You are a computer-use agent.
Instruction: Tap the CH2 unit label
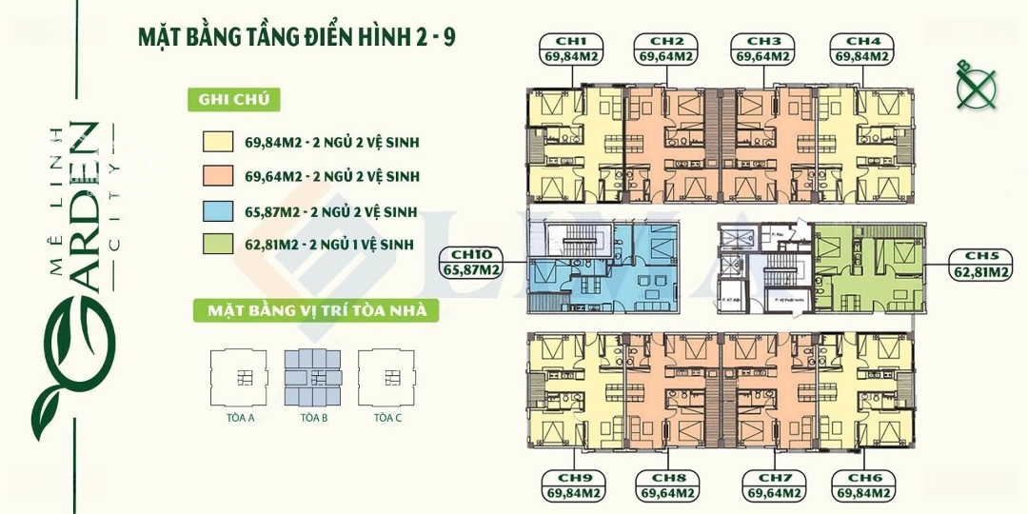click(x=668, y=49)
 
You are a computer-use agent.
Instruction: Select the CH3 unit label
click(x=763, y=49)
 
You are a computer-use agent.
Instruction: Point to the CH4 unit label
click(x=862, y=49)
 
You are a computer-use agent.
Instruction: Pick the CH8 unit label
click(x=669, y=485)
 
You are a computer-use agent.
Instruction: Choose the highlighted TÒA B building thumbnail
click(x=313, y=379)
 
